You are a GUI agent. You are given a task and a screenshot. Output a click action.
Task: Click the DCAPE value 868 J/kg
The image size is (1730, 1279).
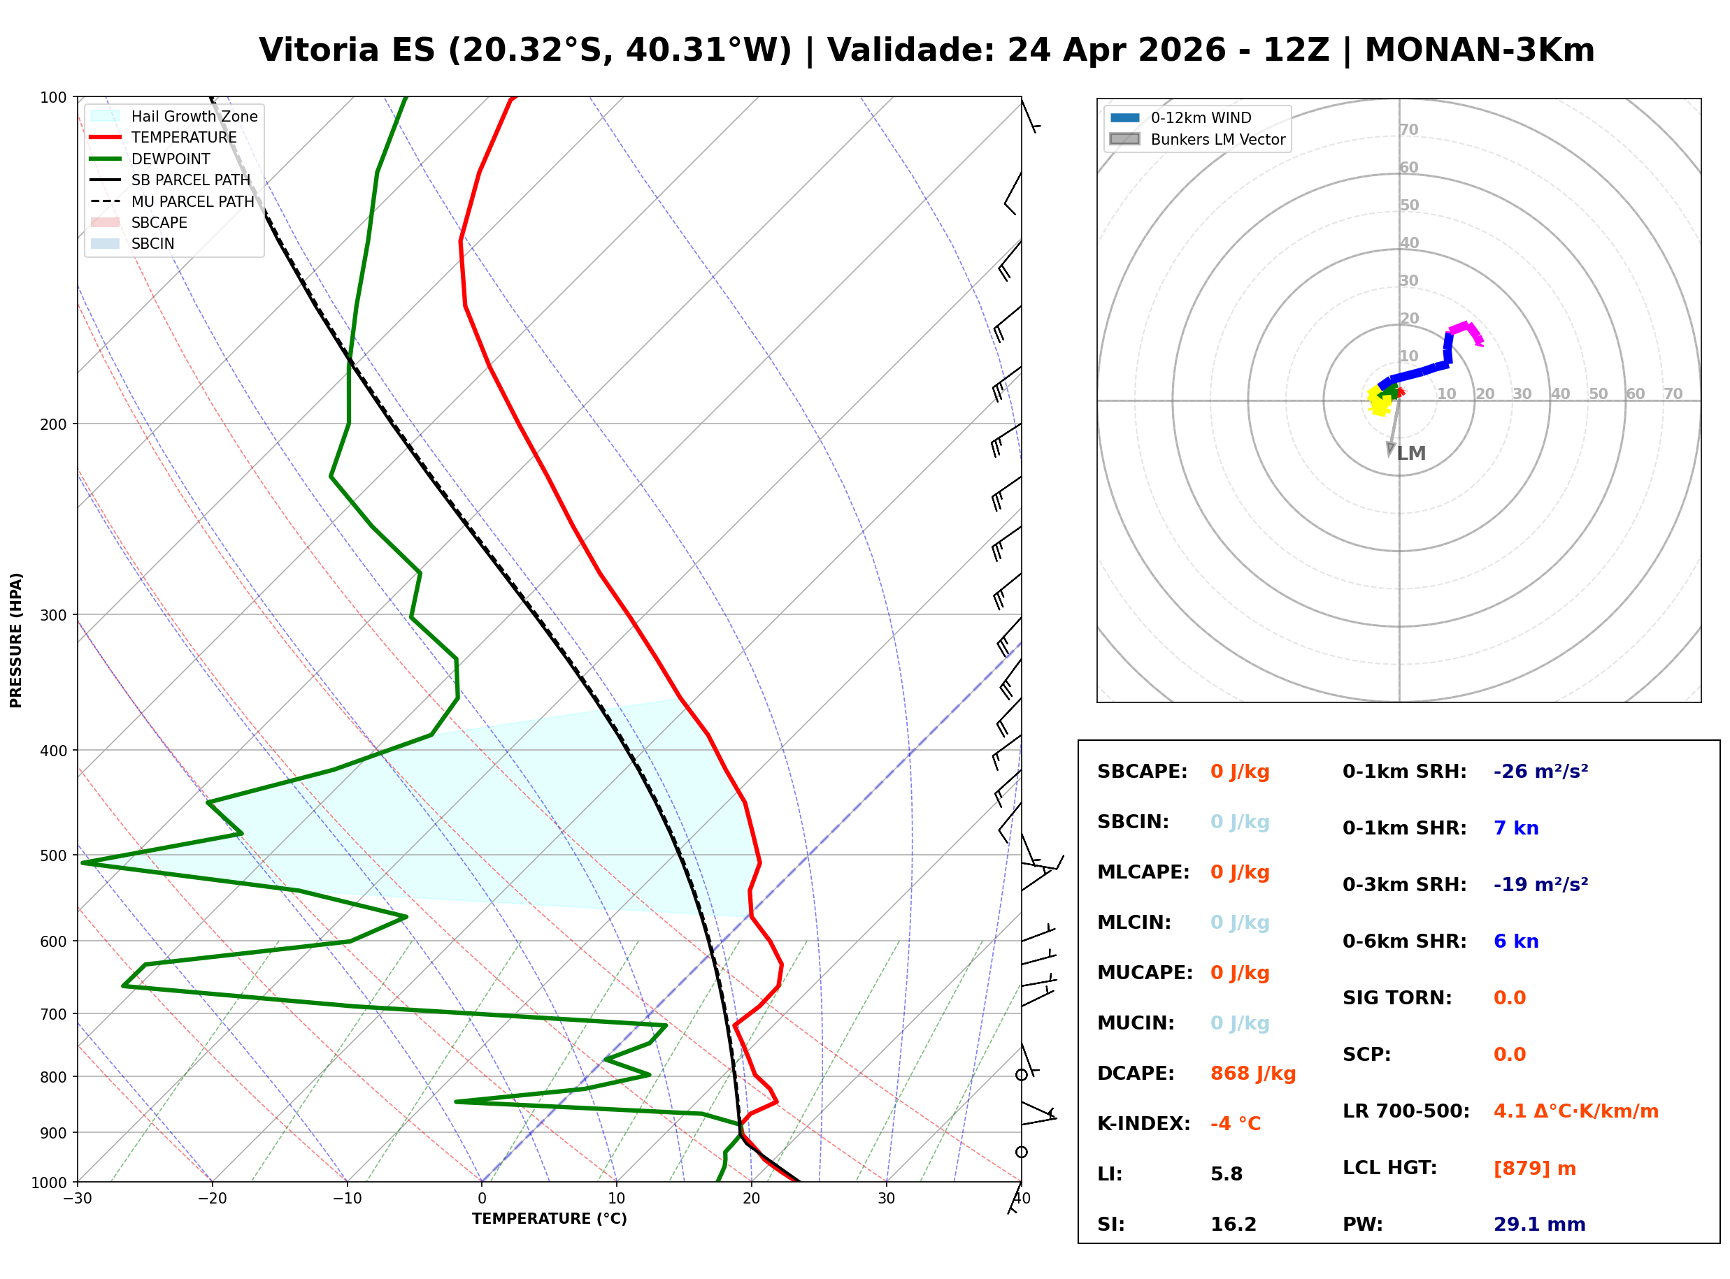click(x=1252, y=1074)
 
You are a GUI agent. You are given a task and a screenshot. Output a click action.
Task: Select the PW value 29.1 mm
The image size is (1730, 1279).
click(x=1538, y=1224)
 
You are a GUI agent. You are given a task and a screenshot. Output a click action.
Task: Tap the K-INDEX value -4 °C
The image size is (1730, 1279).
click(x=1235, y=1124)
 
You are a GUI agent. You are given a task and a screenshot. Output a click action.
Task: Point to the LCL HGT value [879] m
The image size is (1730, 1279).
click(x=1534, y=1169)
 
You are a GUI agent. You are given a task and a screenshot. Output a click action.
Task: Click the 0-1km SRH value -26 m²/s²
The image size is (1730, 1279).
click(x=1540, y=772)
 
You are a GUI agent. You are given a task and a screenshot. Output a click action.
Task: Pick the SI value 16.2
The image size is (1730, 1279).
click(x=1234, y=1224)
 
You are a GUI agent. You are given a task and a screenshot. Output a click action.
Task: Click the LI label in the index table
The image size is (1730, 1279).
click(x=1109, y=1174)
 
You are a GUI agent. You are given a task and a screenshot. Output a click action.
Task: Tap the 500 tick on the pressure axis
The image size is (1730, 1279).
click(x=52, y=855)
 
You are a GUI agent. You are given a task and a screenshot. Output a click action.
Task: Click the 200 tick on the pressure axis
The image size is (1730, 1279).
click(x=52, y=424)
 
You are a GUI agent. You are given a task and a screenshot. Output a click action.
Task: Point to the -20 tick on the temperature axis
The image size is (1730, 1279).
click(x=211, y=1199)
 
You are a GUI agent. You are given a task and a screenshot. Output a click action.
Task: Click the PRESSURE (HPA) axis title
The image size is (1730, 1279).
click(x=16, y=640)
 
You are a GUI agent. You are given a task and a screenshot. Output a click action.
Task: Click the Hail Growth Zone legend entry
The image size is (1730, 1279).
click(x=194, y=116)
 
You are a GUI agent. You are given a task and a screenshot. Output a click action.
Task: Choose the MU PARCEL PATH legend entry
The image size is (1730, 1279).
click(x=192, y=201)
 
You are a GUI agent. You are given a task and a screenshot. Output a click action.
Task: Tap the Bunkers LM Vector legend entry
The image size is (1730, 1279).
click(x=1217, y=139)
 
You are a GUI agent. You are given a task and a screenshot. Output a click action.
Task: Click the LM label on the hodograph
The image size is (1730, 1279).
click(x=1411, y=453)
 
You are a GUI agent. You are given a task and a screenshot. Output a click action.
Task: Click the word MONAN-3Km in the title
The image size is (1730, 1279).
click(x=1479, y=50)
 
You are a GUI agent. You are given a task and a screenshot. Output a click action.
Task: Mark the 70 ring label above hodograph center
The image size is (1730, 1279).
click(x=1408, y=129)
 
